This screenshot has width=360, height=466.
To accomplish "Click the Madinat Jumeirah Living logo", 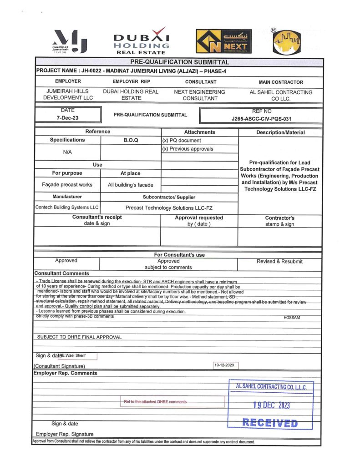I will pos(70,41).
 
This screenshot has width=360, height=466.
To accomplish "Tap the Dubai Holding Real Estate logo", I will pos(141,41).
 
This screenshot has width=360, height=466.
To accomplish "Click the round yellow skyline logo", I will pos(286,41).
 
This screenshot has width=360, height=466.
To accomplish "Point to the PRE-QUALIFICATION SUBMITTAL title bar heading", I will pos(179,62).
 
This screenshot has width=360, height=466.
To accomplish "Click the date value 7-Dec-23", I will pos(66,118).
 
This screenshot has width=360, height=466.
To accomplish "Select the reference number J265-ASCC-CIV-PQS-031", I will pos(261,119).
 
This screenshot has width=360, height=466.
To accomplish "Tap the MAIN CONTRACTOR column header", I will pos(280,82).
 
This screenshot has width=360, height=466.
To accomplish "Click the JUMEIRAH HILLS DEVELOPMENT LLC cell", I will pos(68,95).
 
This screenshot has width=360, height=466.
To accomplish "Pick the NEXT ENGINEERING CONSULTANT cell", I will pos(200,95).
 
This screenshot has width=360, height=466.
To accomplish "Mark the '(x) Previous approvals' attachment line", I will pos(188,149).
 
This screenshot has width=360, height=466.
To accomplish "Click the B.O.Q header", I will pos(131,140).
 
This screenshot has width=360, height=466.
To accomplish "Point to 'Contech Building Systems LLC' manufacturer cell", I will pos(67,208).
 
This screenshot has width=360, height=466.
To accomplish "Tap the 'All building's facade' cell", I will pos(131,185).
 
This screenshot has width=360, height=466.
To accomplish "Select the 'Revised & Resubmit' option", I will pos(279,262).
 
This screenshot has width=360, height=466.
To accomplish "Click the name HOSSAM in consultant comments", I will pos(292,318).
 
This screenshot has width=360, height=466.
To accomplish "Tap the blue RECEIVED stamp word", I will pos(270,423).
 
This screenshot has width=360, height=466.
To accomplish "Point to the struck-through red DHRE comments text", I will pos(155,402).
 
